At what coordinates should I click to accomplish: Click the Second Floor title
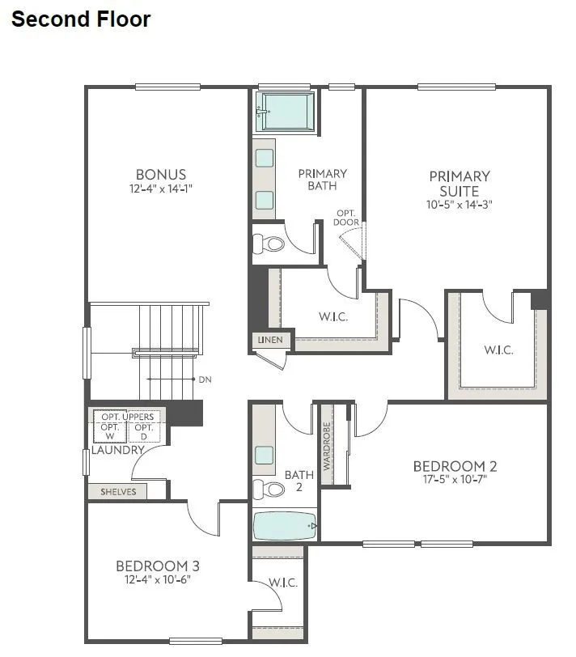point(81,19)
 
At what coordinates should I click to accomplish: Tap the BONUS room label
point(161,174)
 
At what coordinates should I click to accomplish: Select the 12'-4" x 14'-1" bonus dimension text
point(161,189)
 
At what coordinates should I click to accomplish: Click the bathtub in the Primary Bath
point(286,111)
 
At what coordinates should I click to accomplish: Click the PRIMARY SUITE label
point(460,184)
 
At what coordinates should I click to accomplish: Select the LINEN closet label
point(270,341)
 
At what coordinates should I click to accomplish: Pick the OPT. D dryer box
point(143,430)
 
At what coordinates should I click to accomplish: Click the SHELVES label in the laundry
point(118,491)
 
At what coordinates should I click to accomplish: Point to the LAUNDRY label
point(116,450)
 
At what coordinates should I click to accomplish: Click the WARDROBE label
point(328,446)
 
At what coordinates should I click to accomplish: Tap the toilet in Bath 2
point(271,489)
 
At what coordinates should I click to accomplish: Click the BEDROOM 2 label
point(455,466)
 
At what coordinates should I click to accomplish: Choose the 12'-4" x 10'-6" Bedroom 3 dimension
point(158,579)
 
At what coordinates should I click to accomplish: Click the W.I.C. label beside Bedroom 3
point(282,583)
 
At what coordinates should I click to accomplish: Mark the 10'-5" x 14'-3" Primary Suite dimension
point(460,205)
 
